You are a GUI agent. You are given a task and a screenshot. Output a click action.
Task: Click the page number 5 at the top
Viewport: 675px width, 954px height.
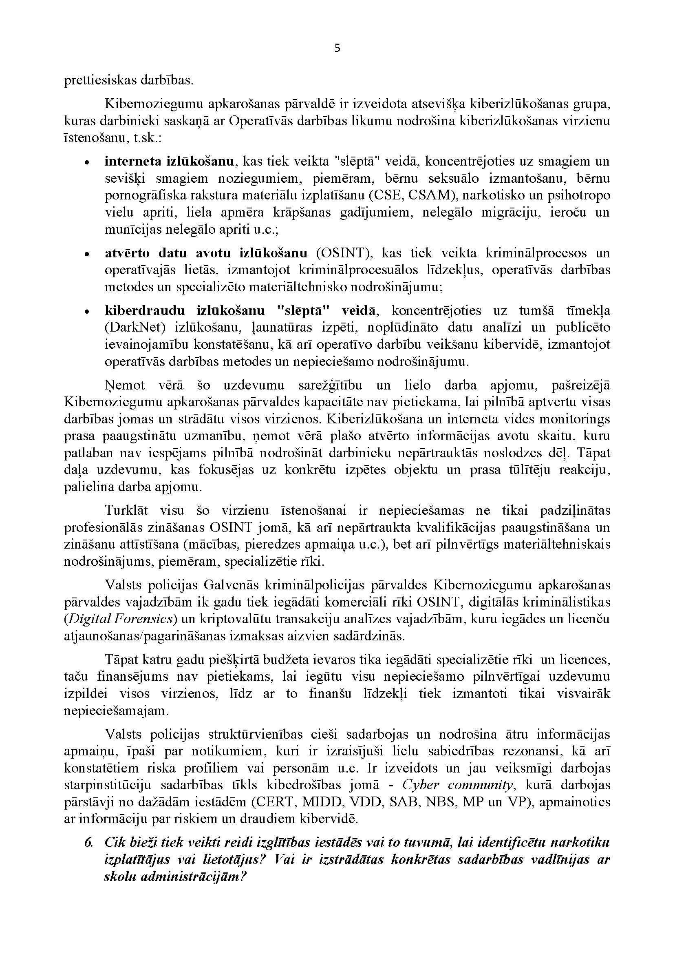[x=337, y=49]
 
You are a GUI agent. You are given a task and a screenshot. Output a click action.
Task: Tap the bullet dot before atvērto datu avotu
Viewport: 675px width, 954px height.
[x=86, y=254]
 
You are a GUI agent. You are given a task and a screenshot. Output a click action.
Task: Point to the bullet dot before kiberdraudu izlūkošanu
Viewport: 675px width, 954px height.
[x=86, y=312]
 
